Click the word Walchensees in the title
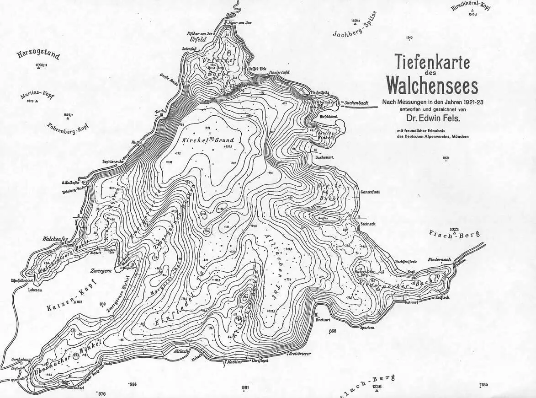[432, 85]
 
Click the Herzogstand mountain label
[38, 56]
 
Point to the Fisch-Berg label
[455, 234]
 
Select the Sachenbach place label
[356, 104]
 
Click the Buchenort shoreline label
[325, 157]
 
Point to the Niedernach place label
[440, 260]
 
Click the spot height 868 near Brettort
[332, 331]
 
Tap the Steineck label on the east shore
[368, 224]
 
